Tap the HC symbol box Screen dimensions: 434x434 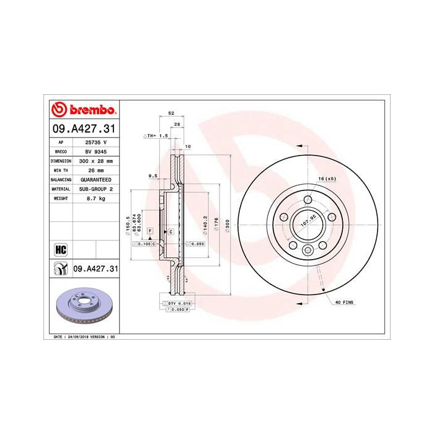tap(60, 249)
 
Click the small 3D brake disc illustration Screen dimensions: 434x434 tap(82, 308)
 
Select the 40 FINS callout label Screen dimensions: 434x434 tap(344, 301)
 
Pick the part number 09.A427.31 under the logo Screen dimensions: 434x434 tap(83, 128)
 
